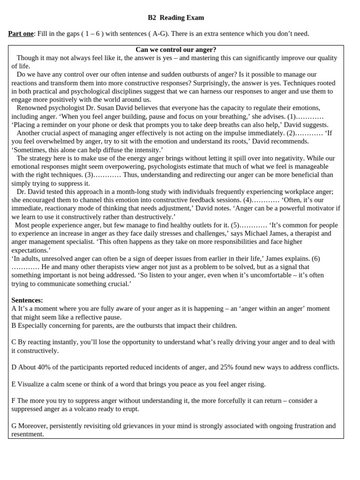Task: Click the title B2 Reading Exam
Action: point(176,18)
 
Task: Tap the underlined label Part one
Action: point(21,34)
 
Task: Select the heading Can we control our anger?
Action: point(176,50)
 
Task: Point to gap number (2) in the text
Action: point(292,133)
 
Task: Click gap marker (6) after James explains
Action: point(316,259)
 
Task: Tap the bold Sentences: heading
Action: point(27,300)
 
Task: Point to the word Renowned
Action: point(32,108)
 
